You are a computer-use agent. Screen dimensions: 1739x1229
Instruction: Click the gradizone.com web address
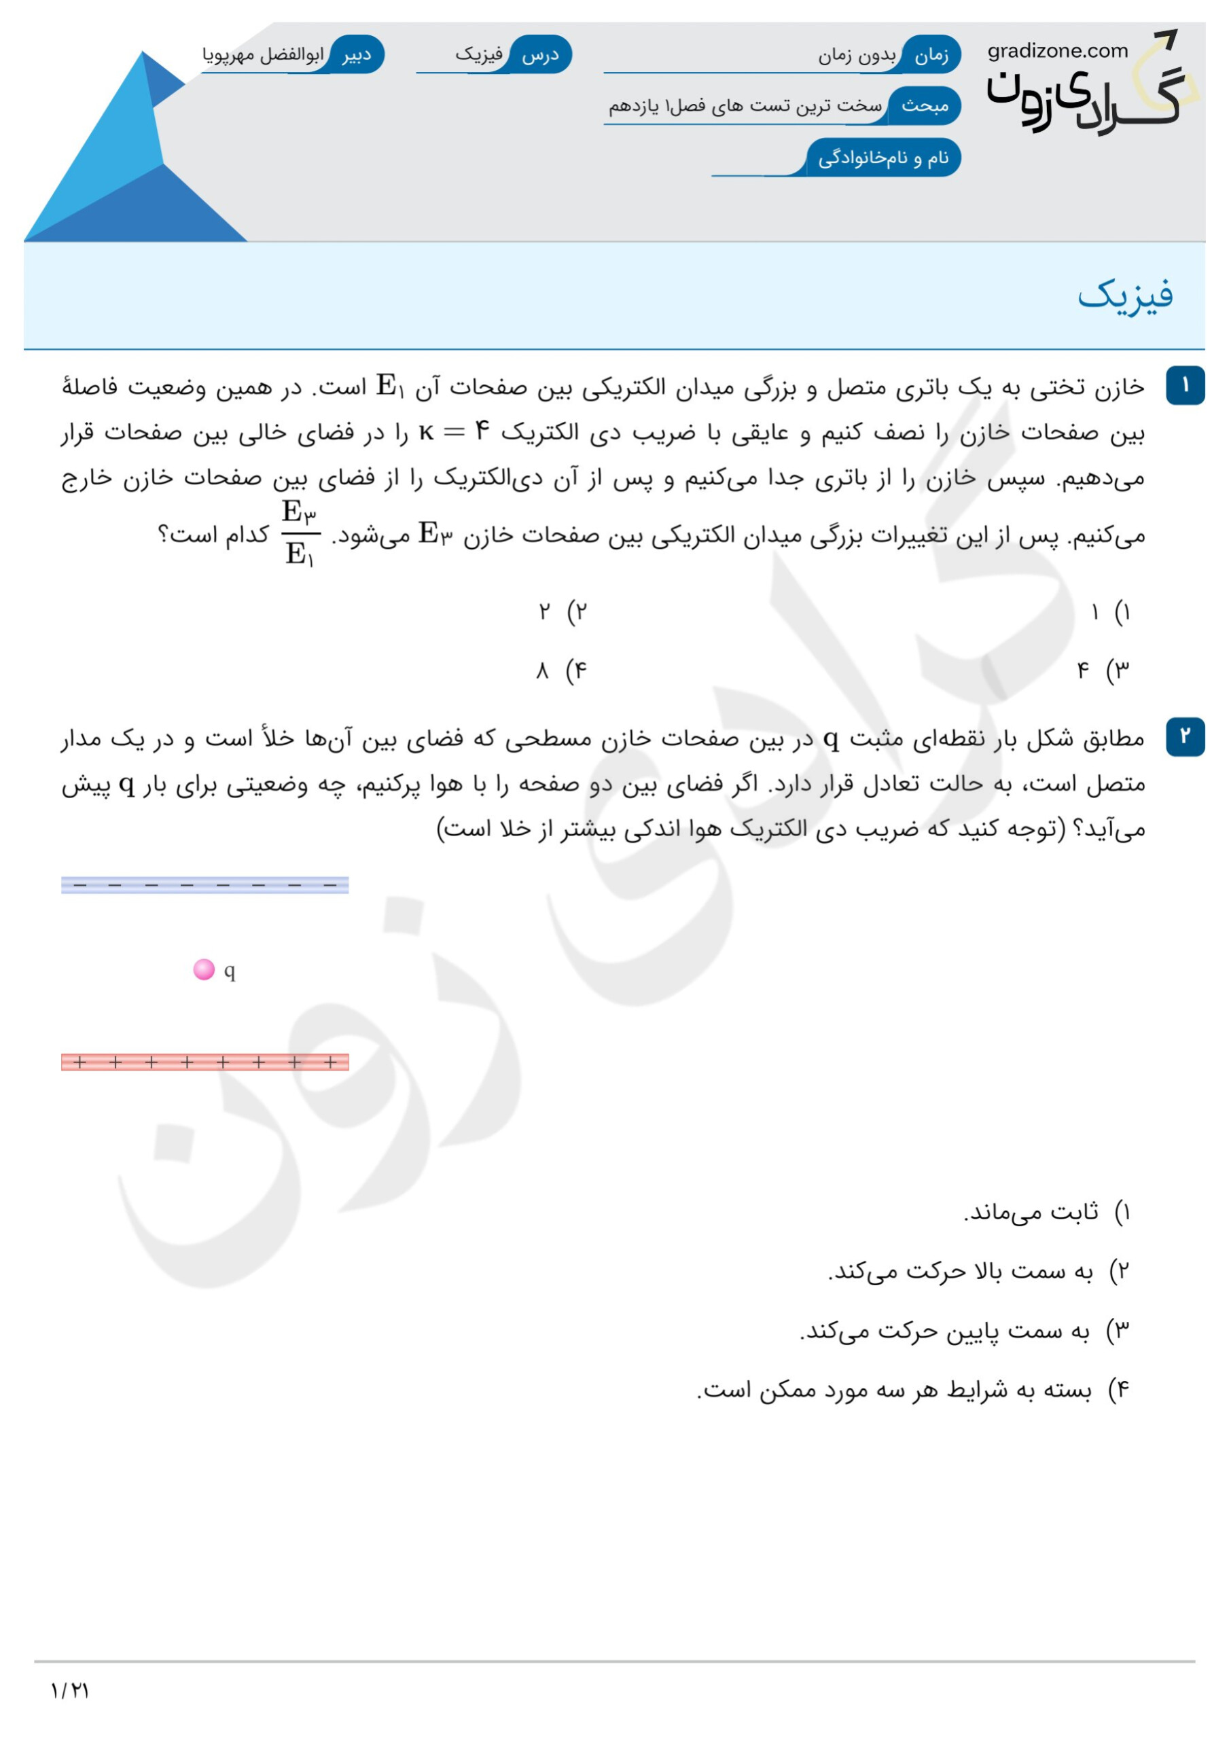tap(1057, 52)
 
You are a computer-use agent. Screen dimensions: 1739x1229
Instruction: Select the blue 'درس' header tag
tap(541, 55)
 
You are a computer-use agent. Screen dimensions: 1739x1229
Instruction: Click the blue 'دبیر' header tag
tap(355, 55)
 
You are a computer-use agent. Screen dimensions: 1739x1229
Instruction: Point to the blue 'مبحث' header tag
tap(925, 106)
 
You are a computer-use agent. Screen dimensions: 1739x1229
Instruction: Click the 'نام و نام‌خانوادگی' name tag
tap(883, 158)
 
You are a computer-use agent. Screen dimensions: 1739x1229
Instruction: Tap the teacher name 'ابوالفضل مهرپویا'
tap(263, 55)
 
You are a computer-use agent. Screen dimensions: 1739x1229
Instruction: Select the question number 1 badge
tap(1185, 387)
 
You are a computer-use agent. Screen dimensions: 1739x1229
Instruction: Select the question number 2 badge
tap(1185, 736)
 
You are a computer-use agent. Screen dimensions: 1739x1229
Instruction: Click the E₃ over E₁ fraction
tap(300, 533)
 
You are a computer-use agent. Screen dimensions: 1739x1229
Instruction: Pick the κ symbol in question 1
tap(427, 433)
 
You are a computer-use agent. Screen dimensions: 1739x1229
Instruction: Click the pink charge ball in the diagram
tap(204, 969)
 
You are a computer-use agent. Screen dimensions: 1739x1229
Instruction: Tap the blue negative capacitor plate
tap(204, 884)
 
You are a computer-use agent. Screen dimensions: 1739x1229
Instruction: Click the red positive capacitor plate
tap(204, 1062)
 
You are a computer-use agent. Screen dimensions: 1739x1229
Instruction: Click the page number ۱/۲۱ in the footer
tap(70, 1691)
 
